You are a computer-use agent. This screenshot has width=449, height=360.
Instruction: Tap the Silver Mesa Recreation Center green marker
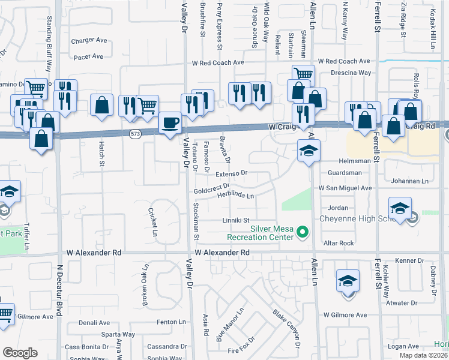pos(303,231)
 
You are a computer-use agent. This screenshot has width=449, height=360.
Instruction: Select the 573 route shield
pos(135,134)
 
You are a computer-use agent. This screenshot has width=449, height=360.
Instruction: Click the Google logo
pos(20,352)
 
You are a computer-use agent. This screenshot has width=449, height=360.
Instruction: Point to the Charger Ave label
pos(89,41)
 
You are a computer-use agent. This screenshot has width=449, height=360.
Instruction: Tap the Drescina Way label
pos(351,73)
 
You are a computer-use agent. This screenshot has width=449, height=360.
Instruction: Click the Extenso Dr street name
pos(232,173)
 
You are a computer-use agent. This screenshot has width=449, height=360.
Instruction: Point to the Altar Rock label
pos(339,243)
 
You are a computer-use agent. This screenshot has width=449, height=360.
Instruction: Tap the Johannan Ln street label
pos(411,181)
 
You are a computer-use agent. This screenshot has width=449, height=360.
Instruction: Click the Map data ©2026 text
pos(423,355)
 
